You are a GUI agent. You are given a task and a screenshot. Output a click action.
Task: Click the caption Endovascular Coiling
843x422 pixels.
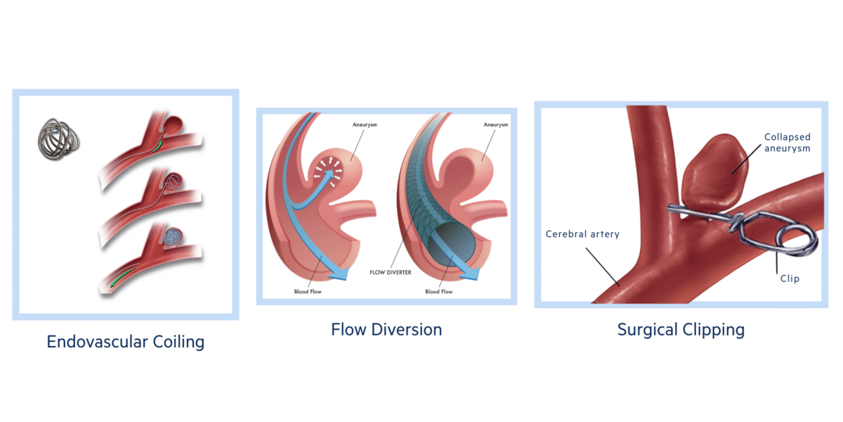(125, 343)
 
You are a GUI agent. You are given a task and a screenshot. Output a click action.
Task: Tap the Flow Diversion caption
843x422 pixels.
(386, 329)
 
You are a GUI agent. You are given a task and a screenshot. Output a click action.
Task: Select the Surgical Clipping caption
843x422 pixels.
(681, 329)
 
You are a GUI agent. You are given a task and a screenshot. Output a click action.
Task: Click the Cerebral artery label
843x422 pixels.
(582, 234)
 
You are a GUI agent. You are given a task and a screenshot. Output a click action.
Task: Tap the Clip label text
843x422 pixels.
(789, 279)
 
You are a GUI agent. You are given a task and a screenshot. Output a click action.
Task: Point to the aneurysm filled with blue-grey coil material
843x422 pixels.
(173, 236)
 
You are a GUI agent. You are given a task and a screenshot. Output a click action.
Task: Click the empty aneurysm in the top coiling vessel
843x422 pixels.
(173, 127)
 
